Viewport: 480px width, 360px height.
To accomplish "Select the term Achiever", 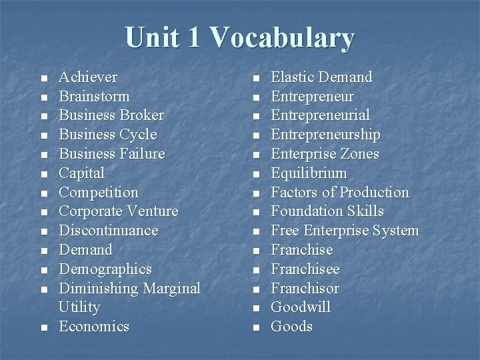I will point(88,77).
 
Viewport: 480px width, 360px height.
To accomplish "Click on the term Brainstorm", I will point(94,96).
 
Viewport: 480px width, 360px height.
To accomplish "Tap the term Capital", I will point(82,173).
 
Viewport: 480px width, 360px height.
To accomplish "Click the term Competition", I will point(99,193).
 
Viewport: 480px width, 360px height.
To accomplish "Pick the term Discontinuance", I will point(109,231).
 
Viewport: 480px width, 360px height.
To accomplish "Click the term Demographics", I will point(105,269).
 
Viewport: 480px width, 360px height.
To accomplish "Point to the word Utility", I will point(79,307).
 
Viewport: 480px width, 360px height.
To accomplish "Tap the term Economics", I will point(94,327).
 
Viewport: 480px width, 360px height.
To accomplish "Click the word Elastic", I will point(291,77).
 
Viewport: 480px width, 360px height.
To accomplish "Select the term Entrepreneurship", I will point(326,135).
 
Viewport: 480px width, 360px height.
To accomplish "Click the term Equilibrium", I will point(309,173).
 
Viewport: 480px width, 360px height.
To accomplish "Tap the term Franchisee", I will point(305,269).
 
